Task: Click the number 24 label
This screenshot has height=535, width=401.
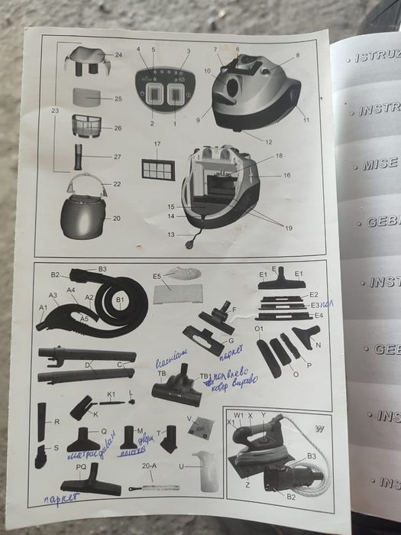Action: click(x=118, y=56)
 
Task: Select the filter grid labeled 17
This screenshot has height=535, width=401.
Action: click(x=158, y=168)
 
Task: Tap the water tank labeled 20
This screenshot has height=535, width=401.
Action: click(x=84, y=218)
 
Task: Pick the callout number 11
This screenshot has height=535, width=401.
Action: click(x=306, y=121)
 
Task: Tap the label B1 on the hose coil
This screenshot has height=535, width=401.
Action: click(x=119, y=301)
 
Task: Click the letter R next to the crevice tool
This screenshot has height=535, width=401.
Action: click(x=57, y=421)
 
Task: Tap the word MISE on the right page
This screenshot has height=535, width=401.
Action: click(x=380, y=164)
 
